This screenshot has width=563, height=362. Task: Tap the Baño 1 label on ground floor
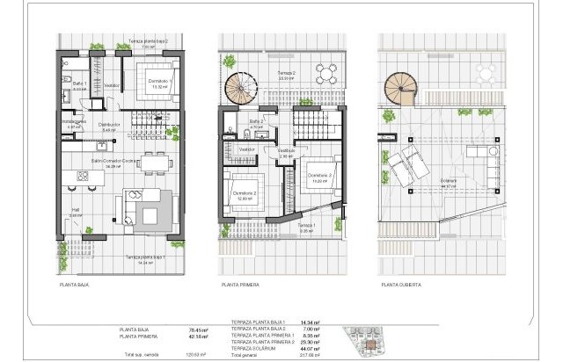click(79, 85)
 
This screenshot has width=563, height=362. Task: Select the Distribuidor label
click(109, 125)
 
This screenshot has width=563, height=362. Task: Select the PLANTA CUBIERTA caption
click(402, 285)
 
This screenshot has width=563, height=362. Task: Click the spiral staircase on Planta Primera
click(239, 87)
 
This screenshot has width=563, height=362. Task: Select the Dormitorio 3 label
click(317, 176)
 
